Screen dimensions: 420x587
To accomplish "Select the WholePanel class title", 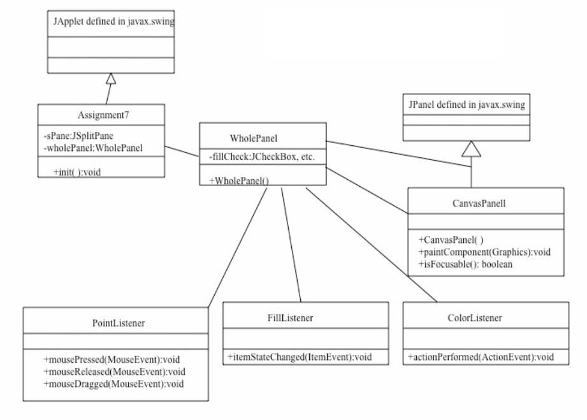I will (254, 138).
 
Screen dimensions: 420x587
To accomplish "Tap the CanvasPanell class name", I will (485, 205).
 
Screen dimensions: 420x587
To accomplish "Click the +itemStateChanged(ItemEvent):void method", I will (297, 358).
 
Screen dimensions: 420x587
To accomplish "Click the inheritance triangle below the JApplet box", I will (111, 78).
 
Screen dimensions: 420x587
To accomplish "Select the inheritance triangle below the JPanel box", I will (471, 148).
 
